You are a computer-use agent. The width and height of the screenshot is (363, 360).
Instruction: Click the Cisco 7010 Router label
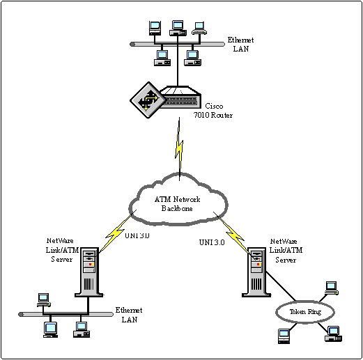(213, 111)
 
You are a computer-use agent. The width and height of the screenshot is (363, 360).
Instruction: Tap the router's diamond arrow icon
(147, 100)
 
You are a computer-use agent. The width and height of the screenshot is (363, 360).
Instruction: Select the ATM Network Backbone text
(177, 204)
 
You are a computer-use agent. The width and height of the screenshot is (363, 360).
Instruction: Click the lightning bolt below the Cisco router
(179, 148)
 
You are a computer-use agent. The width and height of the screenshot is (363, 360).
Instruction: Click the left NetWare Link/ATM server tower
(89, 272)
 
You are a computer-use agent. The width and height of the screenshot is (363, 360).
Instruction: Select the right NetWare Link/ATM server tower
(256, 272)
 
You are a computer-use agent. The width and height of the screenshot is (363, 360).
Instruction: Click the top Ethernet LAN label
(240, 45)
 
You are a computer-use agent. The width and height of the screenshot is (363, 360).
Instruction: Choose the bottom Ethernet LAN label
(129, 315)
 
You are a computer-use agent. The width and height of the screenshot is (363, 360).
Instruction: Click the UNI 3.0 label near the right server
(212, 242)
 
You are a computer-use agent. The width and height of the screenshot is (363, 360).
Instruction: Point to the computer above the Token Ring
(332, 288)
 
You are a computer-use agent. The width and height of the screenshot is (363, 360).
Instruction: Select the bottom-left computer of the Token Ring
(284, 336)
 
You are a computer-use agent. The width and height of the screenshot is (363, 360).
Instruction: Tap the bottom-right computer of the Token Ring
(334, 334)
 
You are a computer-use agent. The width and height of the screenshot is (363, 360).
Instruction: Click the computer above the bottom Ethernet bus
(44, 300)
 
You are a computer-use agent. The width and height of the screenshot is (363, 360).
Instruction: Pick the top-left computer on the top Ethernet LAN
(155, 28)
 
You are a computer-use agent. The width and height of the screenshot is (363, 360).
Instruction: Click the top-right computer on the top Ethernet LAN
(199, 29)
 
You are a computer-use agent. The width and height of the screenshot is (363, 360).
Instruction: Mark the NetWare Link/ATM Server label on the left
(62, 250)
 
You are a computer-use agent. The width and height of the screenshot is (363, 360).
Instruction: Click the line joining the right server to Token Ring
(281, 286)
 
